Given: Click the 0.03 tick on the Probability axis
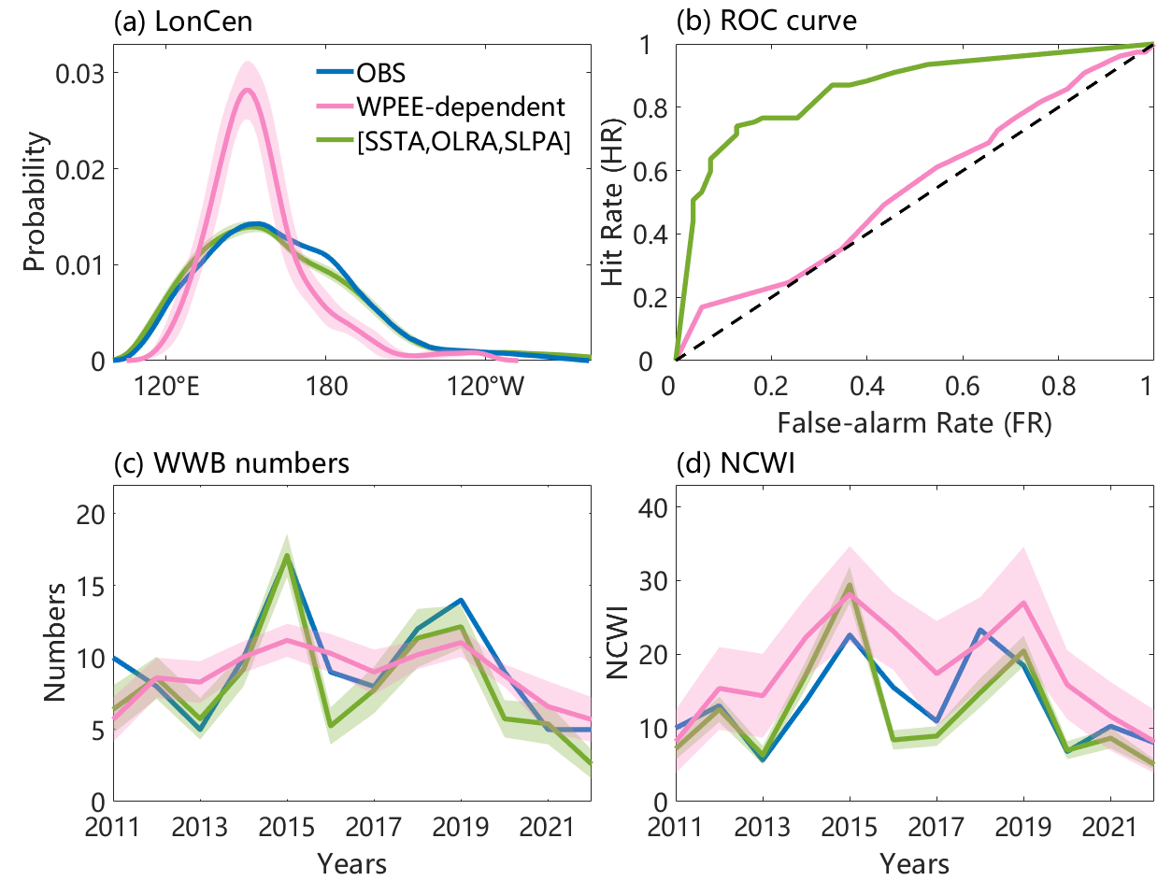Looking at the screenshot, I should coord(80,73).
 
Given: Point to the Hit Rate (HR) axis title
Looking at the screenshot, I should coord(613,203).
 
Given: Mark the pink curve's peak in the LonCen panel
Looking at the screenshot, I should coord(247,90).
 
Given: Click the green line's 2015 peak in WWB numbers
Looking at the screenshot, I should coord(287,555).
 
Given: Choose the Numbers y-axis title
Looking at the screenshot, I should coord(57,655).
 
